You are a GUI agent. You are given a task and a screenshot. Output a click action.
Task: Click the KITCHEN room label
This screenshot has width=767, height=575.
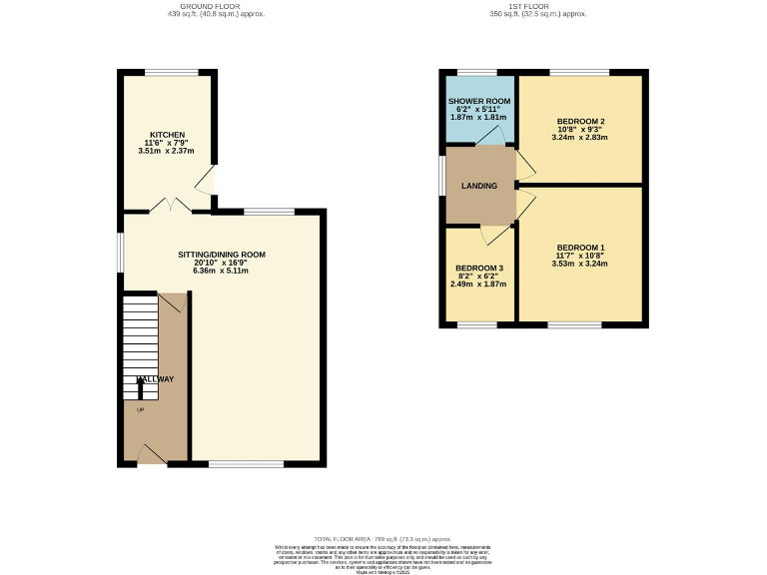point(167,135)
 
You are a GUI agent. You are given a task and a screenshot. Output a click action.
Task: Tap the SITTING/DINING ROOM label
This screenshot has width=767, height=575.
point(222,255)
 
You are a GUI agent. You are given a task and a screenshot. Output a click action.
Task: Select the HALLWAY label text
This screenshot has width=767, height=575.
point(155,379)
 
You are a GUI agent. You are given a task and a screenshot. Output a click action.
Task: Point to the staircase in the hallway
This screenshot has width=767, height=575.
point(140,339)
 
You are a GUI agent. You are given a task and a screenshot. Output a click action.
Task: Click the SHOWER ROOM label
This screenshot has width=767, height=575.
point(479,102)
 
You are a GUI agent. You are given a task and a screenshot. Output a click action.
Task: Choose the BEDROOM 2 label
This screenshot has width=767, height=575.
point(579,122)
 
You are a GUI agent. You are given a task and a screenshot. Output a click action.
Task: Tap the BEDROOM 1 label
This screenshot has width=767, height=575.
point(580,248)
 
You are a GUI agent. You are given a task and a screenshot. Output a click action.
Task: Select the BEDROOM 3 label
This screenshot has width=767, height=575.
point(479,268)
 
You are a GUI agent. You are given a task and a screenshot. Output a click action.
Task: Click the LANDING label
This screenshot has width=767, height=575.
point(478,187)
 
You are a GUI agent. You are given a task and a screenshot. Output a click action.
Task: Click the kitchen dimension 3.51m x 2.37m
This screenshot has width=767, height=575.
point(167,152)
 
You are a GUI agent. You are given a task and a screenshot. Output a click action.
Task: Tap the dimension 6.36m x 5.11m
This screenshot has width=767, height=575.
point(222,271)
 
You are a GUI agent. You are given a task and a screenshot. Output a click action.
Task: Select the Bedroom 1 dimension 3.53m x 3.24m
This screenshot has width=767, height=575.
point(580,264)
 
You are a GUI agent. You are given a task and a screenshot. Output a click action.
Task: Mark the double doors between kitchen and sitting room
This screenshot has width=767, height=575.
point(169,206)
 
